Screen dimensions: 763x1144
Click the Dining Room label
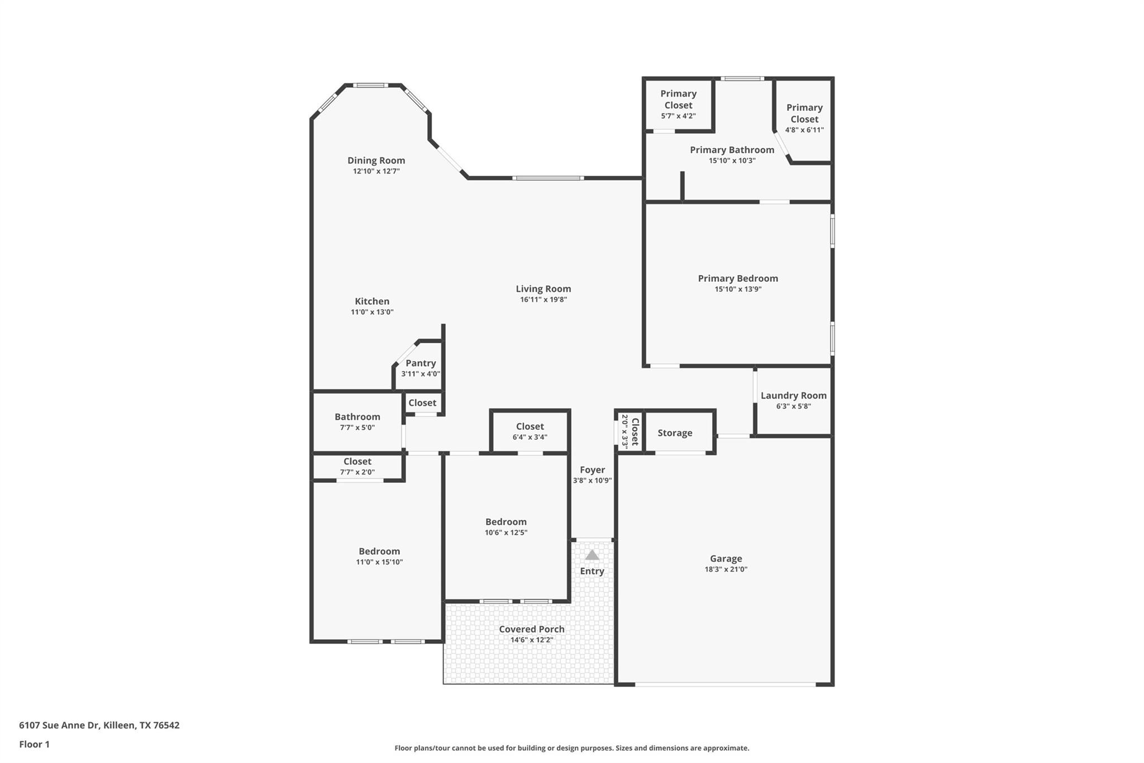[x=376, y=160]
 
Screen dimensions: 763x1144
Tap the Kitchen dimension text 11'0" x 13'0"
[x=372, y=312]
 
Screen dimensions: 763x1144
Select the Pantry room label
[x=421, y=363]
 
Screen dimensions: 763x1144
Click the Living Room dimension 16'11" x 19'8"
[x=544, y=300]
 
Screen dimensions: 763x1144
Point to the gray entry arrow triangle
[x=592, y=555]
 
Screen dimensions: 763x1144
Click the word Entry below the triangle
[x=592, y=571]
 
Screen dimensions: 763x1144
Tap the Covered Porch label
[x=532, y=629]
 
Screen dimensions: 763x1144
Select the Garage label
[x=726, y=558]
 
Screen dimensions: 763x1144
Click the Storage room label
[x=675, y=433]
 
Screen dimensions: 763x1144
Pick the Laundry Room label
[x=793, y=395]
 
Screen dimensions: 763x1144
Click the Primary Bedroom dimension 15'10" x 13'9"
[x=738, y=289]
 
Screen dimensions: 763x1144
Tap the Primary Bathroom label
[x=732, y=150]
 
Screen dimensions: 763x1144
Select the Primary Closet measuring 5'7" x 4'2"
[x=678, y=105]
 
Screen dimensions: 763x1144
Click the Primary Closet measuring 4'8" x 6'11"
[x=804, y=119]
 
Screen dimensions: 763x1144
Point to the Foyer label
[x=592, y=470]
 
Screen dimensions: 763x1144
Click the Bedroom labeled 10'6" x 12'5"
[x=506, y=527]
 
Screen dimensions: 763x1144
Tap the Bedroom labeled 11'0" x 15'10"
[x=379, y=556]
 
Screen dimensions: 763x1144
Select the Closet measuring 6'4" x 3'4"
[x=530, y=431]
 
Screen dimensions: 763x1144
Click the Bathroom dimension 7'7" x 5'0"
[x=357, y=428]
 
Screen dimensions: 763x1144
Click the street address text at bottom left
[x=99, y=725]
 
